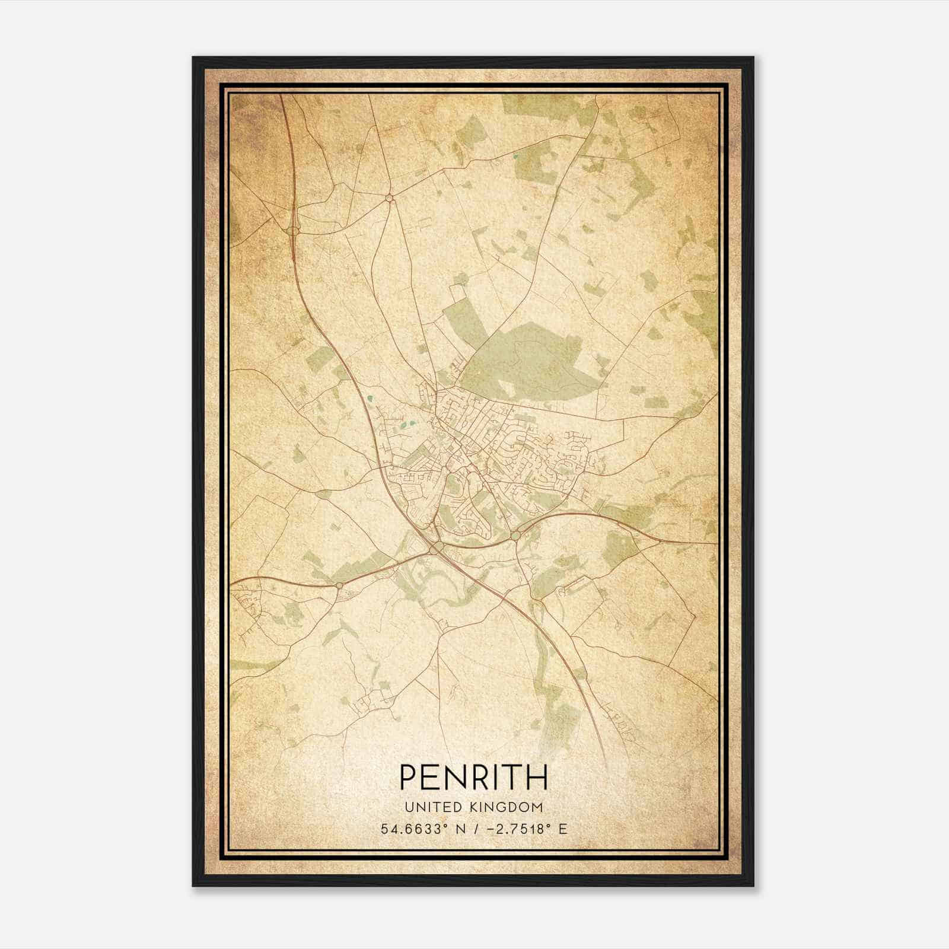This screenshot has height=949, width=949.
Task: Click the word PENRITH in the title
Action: (x=473, y=777)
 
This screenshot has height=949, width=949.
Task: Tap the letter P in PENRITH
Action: (x=408, y=777)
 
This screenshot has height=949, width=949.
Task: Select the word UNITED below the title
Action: (x=429, y=807)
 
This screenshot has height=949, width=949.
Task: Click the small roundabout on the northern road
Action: (x=389, y=198)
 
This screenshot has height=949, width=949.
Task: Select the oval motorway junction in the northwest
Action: (x=292, y=230)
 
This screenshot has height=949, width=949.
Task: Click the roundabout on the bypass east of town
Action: (x=515, y=536)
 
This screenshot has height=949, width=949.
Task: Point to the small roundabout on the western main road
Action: (x=339, y=585)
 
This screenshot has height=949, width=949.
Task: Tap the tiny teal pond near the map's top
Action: (x=515, y=157)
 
